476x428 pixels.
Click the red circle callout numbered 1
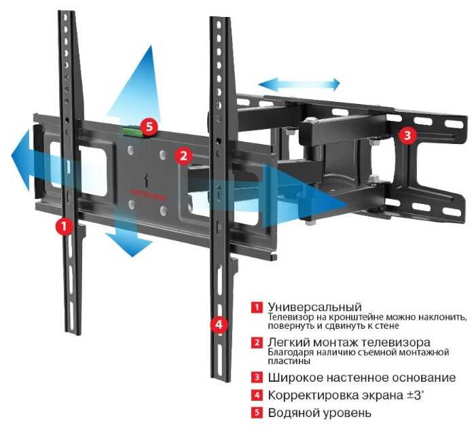[64, 226]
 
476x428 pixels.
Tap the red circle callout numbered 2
[183, 156]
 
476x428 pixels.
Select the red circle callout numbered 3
[407, 135]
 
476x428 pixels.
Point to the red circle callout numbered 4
[219, 325]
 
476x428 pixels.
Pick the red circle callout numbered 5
[149, 126]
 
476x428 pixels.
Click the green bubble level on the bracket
[132, 132]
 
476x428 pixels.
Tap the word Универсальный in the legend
[315, 307]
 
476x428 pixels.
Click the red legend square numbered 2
[257, 342]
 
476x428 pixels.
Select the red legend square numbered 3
[257, 378]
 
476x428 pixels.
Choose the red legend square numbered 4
[257, 395]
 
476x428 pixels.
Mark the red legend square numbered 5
[257, 412]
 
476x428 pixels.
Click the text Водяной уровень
[319, 413]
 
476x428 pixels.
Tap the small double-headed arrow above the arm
[299, 84]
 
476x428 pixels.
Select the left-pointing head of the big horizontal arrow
[20, 160]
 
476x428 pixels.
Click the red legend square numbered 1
[257, 307]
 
